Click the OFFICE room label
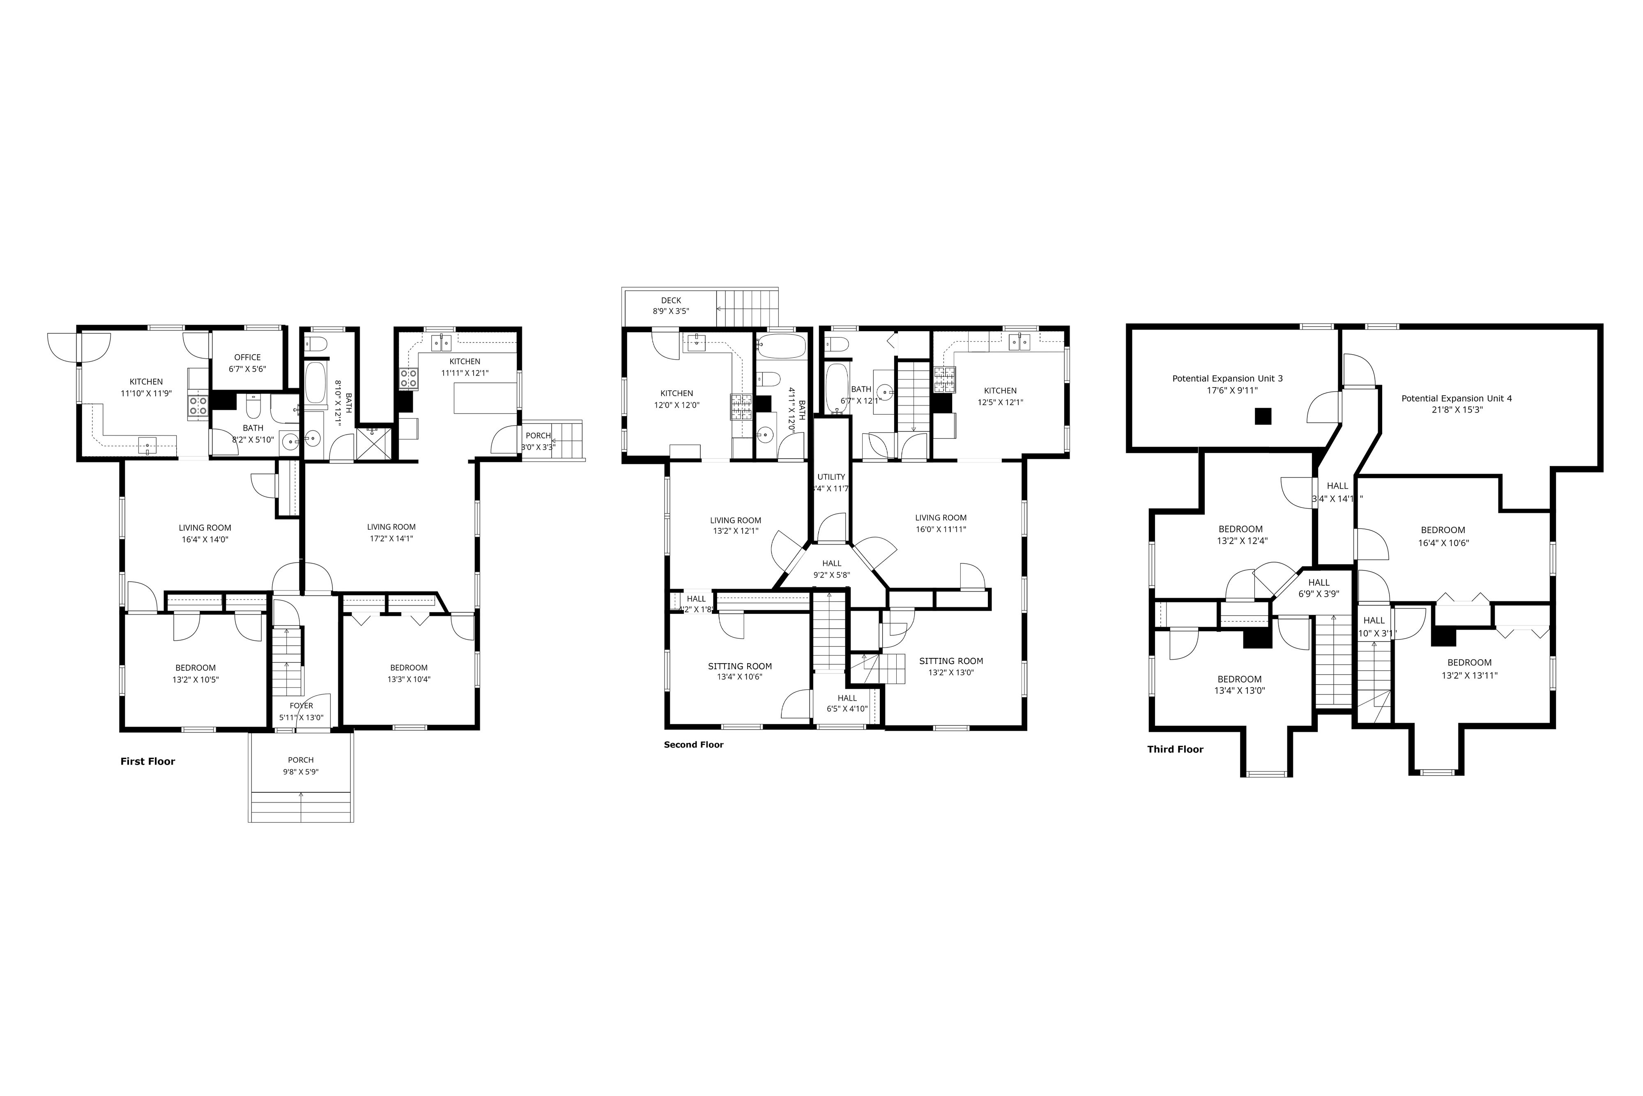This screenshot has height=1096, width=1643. click(247, 357)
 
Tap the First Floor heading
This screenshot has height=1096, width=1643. click(147, 761)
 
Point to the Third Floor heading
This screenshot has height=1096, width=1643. click(1175, 749)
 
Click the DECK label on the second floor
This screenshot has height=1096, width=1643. click(671, 300)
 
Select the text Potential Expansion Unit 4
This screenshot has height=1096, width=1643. click(1457, 399)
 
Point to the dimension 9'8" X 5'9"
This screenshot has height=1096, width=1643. click(301, 772)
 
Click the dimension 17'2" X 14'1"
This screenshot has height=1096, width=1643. click(391, 539)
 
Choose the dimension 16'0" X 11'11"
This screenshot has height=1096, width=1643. click(941, 530)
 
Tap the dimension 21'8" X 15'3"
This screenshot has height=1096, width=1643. click(1457, 410)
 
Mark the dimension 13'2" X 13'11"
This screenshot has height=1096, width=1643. click(1469, 675)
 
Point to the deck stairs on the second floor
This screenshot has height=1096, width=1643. click(748, 307)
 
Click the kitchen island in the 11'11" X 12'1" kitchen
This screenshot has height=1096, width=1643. click(486, 398)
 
